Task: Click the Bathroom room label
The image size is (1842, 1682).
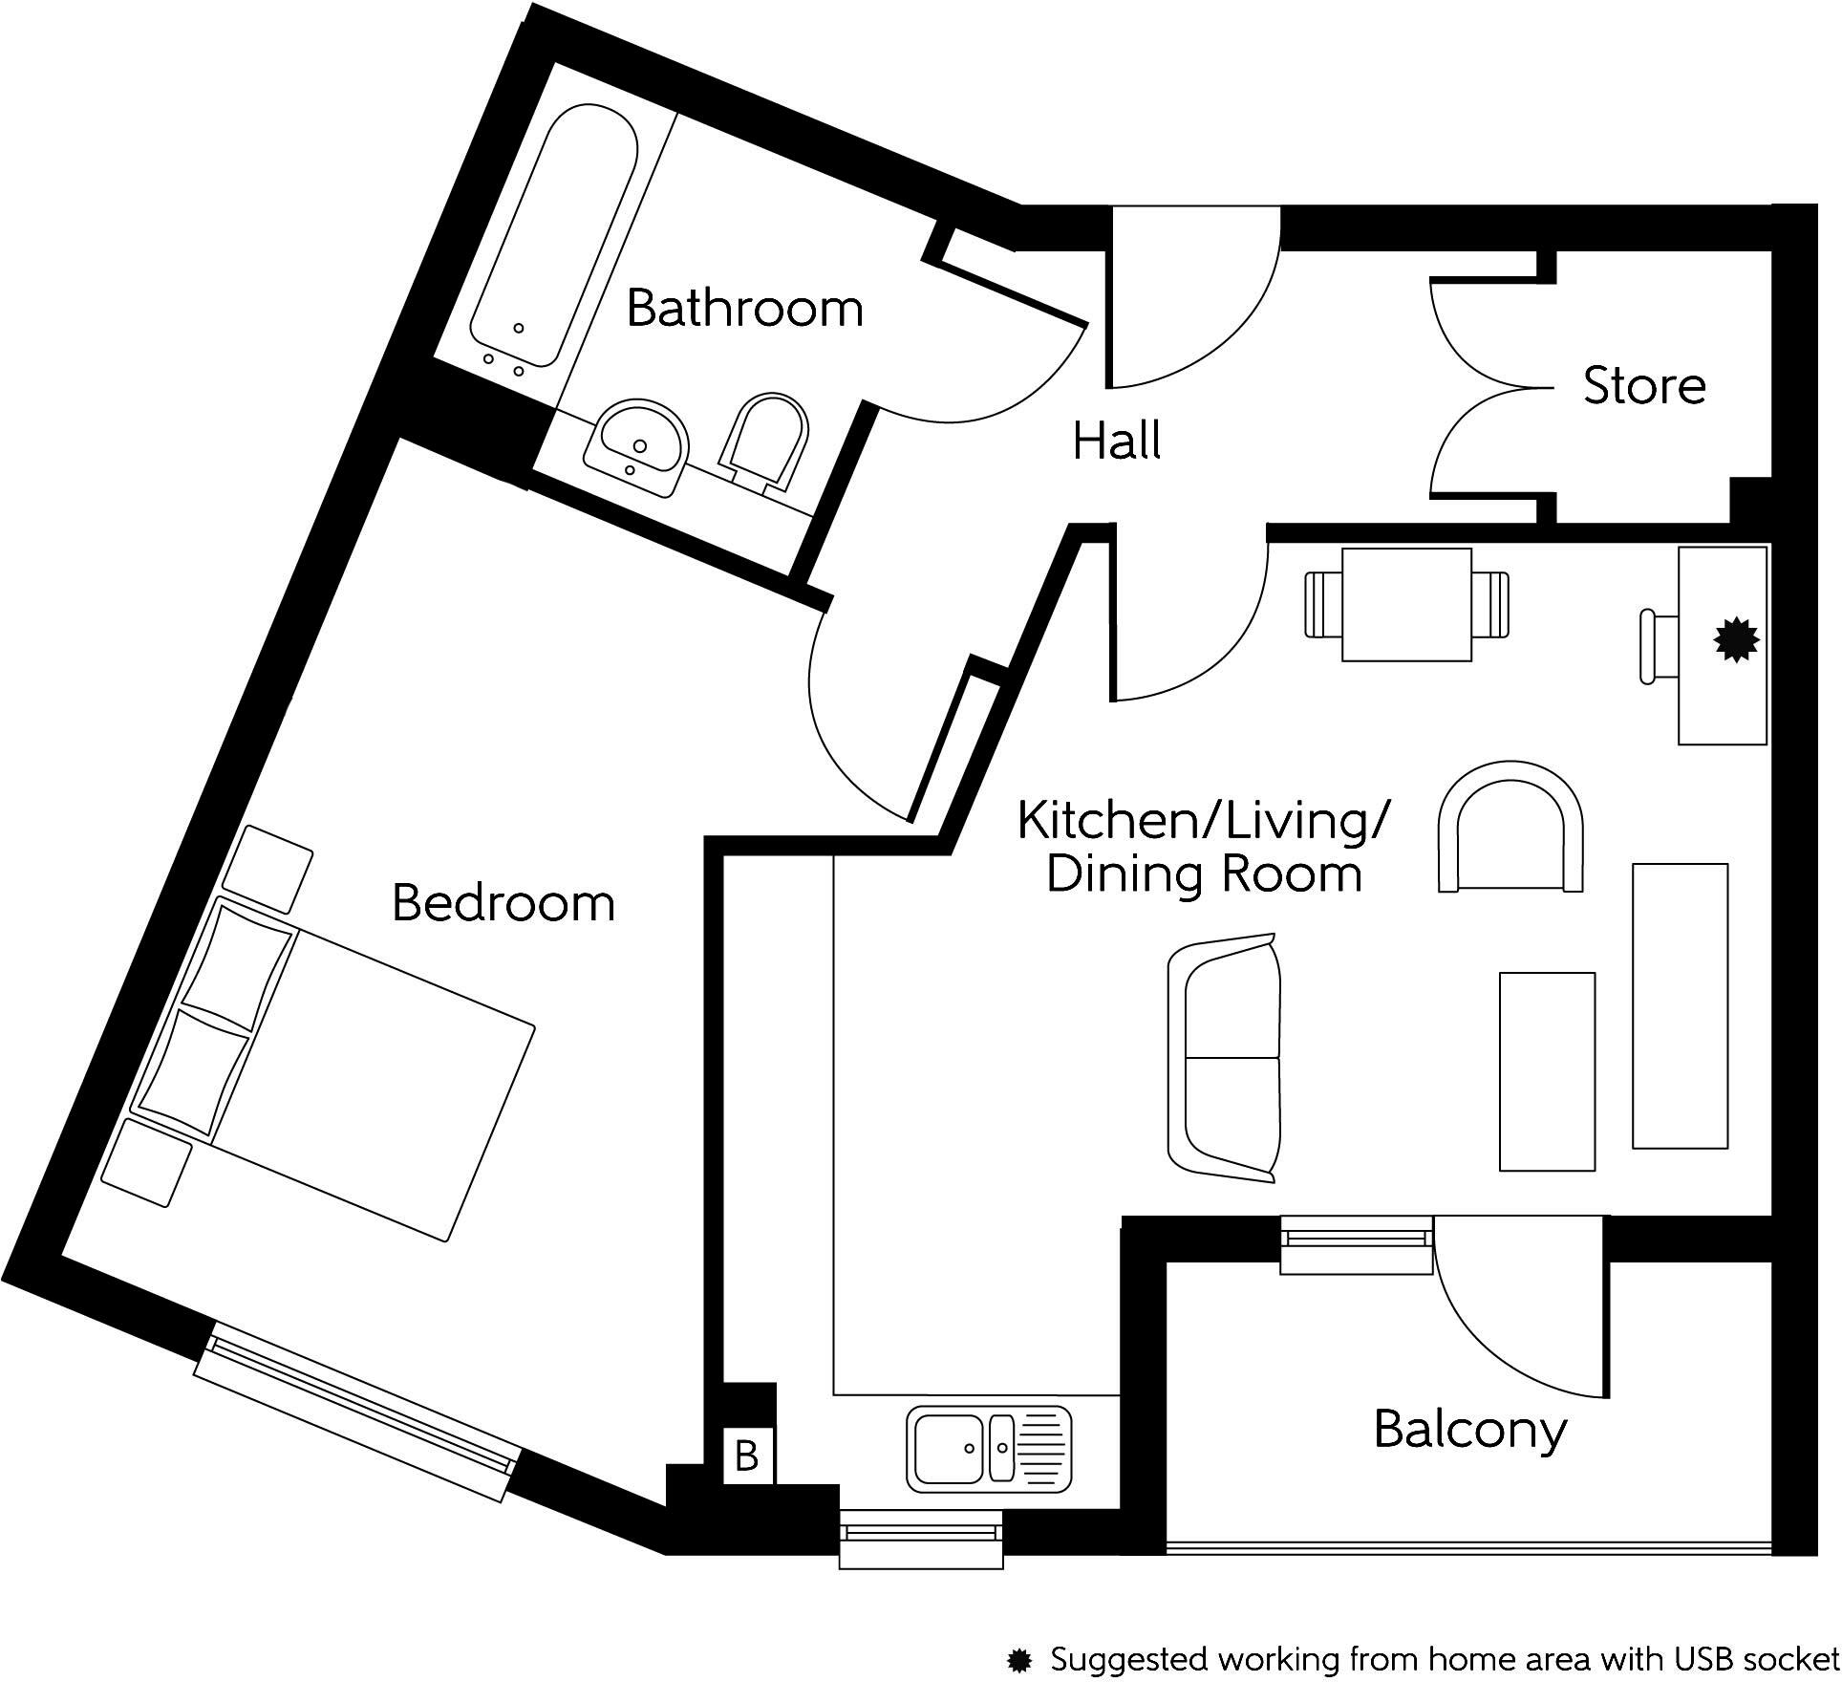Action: pyautogui.click(x=744, y=309)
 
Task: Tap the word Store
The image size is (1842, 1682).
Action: pyautogui.click(x=1643, y=386)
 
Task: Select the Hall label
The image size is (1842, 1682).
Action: pyautogui.click(x=1116, y=441)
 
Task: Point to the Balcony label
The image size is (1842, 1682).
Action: pyautogui.click(x=1469, y=1431)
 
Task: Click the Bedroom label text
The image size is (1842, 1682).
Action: pyautogui.click(x=503, y=903)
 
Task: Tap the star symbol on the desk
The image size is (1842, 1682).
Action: pyautogui.click(x=1736, y=640)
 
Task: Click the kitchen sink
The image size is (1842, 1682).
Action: pyautogui.click(x=989, y=1448)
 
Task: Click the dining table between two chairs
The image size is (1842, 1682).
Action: pyautogui.click(x=1406, y=605)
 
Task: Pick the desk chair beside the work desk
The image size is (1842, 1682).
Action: pyautogui.click(x=1660, y=647)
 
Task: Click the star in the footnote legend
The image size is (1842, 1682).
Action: pyautogui.click(x=1020, y=1660)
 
